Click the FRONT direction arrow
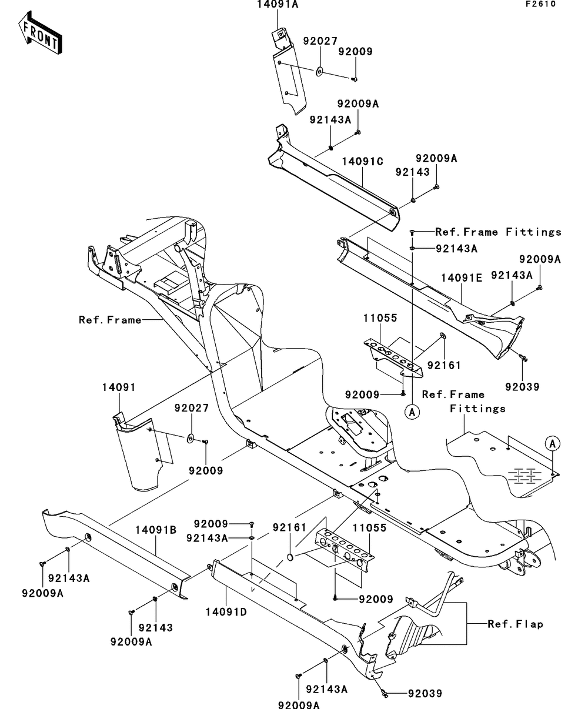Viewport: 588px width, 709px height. tap(40, 32)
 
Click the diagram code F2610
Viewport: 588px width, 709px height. tap(541, 4)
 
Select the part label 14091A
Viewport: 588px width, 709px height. tap(278, 5)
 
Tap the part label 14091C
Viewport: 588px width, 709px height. tap(362, 161)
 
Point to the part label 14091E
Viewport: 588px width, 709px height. tap(462, 277)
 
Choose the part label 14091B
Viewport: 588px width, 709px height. tap(156, 530)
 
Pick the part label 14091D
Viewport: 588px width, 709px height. tap(226, 612)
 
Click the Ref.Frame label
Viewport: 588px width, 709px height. tap(110, 320)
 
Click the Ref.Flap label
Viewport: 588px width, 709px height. tap(515, 624)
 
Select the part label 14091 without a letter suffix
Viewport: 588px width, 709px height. tap(119, 387)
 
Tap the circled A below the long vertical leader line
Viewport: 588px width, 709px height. tap(412, 412)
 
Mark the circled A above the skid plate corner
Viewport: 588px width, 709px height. tap(553, 443)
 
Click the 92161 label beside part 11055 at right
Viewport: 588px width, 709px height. tap(444, 365)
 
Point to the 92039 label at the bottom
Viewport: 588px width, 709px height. tap(425, 694)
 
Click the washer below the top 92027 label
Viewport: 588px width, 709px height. tap(319, 72)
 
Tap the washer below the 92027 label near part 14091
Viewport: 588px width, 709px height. tap(191, 439)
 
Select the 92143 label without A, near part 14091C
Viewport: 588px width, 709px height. tap(412, 172)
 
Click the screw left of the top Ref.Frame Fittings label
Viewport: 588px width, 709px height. tap(412, 233)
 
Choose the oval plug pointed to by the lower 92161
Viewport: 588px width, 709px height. tap(290, 557)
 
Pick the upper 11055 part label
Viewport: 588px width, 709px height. tap(380, 318)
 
